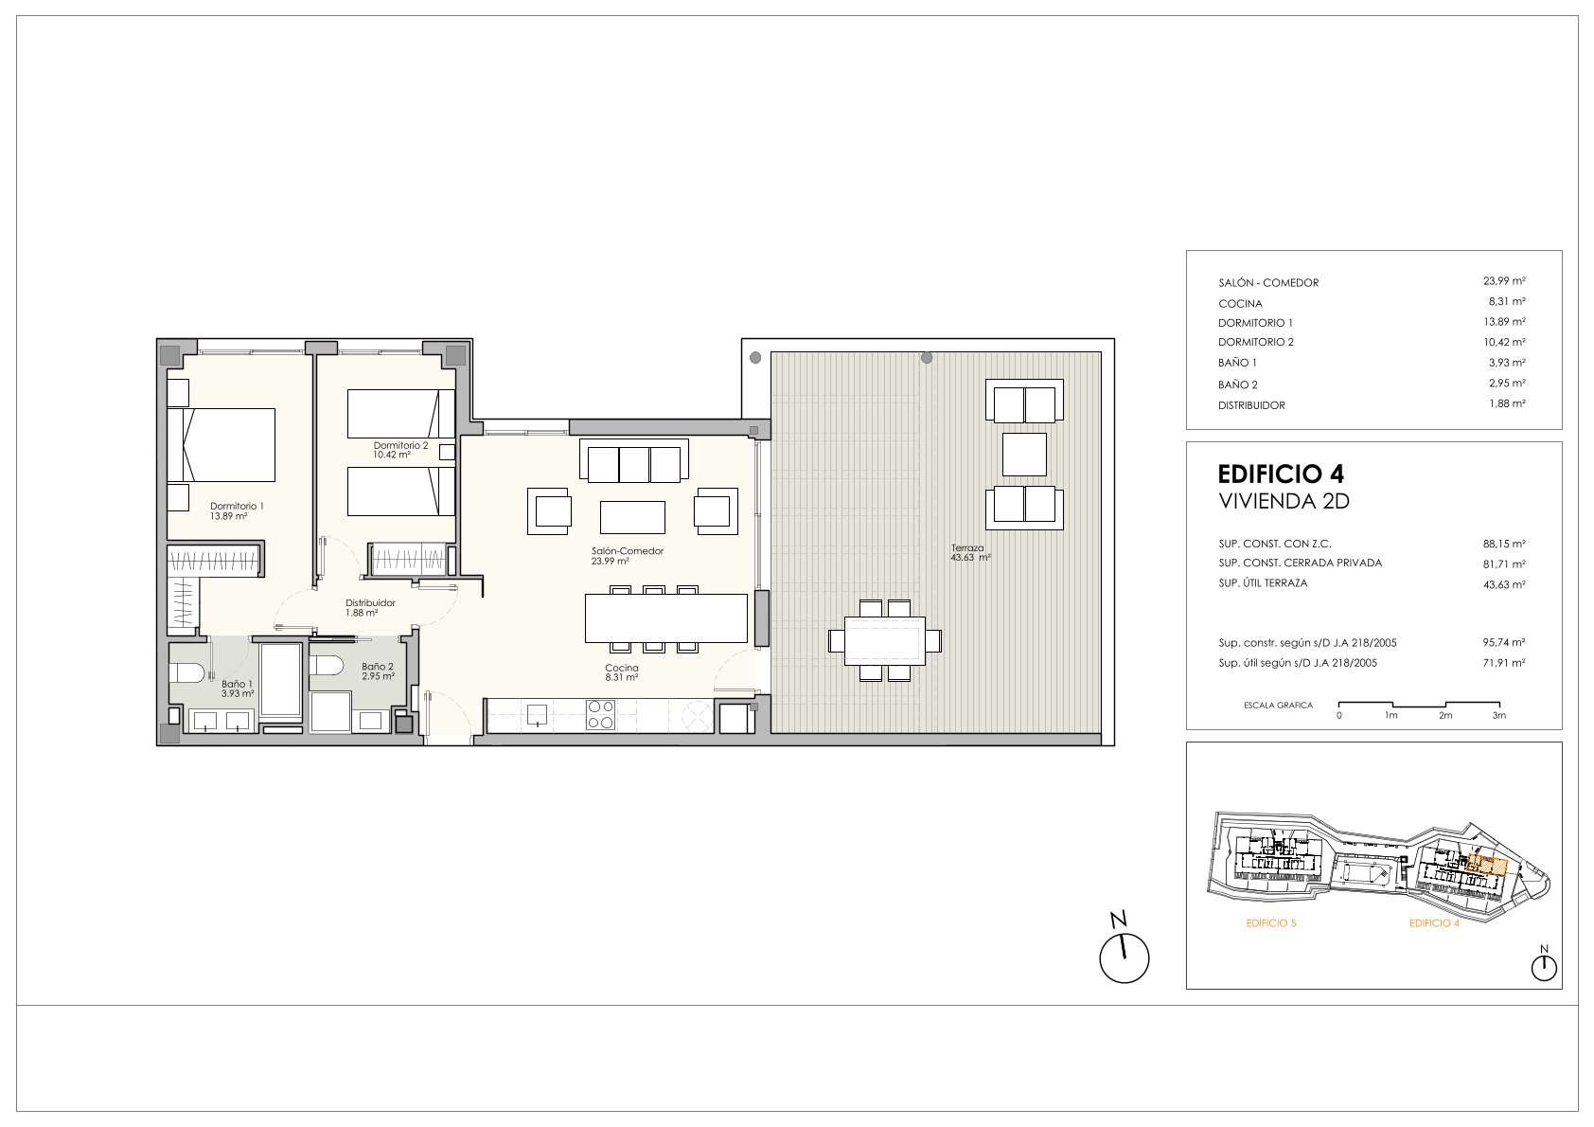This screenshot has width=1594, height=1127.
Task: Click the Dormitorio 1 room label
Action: [x=237, y=506]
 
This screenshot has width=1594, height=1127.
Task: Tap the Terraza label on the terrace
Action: [x=967, y=548]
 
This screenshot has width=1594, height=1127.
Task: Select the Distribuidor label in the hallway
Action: [x=370, y=603]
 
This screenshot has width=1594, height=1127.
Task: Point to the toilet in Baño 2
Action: [x=328, y=666]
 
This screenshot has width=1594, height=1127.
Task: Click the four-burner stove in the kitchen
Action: [x=600, y=714]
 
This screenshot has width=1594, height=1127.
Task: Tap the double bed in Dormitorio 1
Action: [x=221, y=445]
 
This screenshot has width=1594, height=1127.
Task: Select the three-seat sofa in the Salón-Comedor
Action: [x=635, y=461]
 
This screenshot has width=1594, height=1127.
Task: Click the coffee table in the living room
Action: [x=632, y=517]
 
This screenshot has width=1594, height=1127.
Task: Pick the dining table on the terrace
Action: [x=885, y=641]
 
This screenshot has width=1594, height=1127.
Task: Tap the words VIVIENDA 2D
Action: [x=1284, y=501]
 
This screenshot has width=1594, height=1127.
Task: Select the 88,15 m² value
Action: [x=1504, y=544]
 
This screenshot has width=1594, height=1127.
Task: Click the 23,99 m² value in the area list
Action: [x=1504, y=280]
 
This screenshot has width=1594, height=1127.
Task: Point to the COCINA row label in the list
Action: [x=1240, y=303]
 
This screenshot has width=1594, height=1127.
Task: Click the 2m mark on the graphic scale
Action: [x=1445, y=715]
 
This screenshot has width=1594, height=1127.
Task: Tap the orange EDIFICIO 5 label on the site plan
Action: [x=1271, y=923]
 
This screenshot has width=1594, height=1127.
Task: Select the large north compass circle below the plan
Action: [x=1125, y=958]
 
